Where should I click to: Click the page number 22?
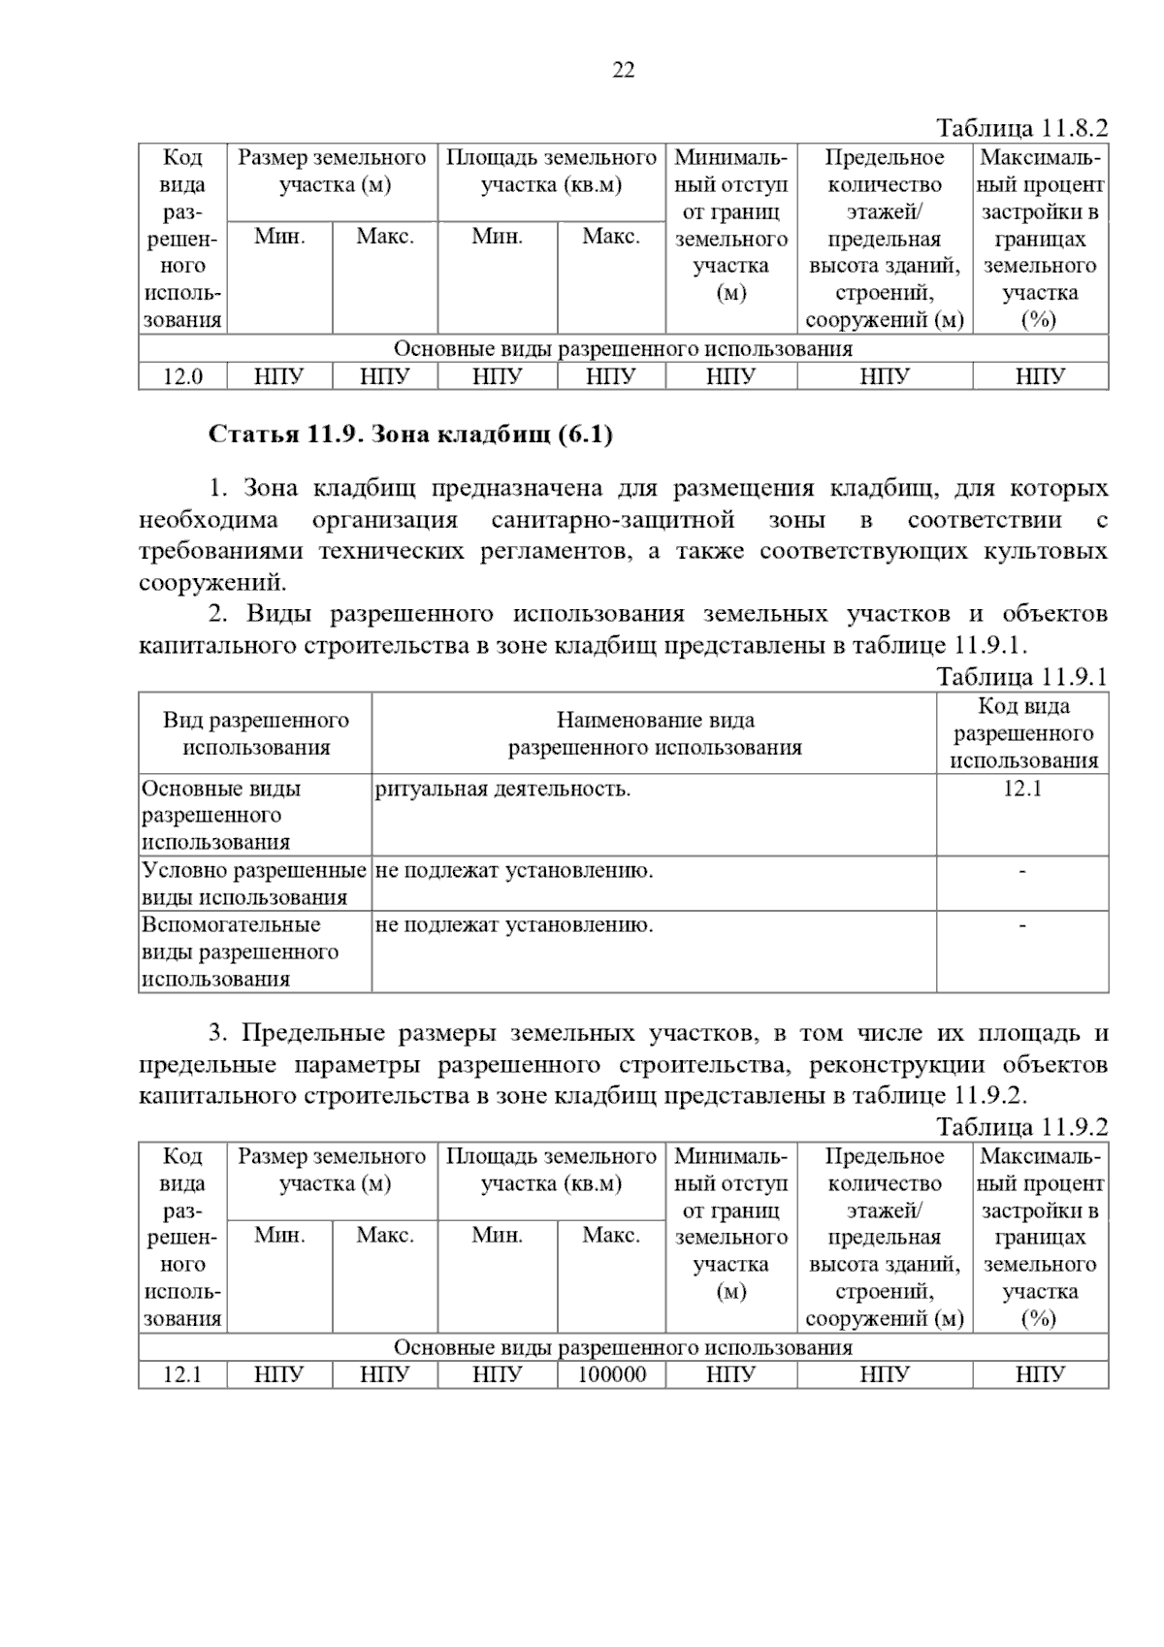(624, 70)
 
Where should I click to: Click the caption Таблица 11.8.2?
(1020, 128)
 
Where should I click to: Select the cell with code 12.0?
(182, 376)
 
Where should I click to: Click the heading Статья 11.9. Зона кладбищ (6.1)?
(410, 435)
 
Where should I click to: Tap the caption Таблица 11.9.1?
(1020, 676)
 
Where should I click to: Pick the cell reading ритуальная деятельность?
(502, 789)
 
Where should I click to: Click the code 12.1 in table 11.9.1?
(1021, 789)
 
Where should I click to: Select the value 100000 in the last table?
(611, 1374)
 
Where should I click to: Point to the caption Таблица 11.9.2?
(1020, 1127)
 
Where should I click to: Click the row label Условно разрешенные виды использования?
(254, 884)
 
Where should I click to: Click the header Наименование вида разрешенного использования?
(655, 733)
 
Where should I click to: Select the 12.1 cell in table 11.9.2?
(182, 1374)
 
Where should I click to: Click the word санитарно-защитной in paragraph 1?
(612, 521)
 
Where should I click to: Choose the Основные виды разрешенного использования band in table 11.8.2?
(623, 349)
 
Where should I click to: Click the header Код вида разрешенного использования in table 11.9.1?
(1022, 733)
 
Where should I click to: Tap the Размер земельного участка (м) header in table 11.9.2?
(332, 1170)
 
